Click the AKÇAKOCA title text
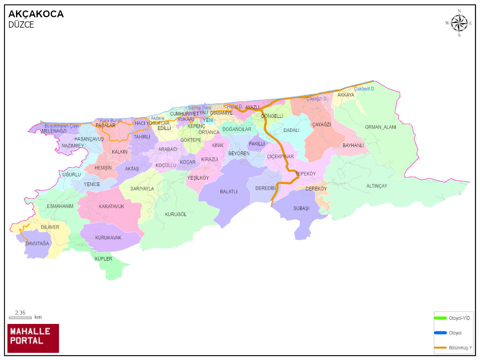click(36, 14)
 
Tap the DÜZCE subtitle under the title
click(21, 25)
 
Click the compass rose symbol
click(459, 23)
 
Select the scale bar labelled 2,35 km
click(20, 318)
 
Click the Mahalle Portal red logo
click(33, 338)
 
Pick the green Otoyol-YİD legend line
click(440, 318)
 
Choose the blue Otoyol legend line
click(440, 333)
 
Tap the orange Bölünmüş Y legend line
click(440, 347)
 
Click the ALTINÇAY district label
click(377, 186)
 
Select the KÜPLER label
click(103, 259)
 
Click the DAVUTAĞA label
click(37, 244)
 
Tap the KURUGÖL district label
click(176, 214)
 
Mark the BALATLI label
click(229, 192)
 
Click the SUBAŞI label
click(302, 208)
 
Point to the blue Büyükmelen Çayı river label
click(61, 126)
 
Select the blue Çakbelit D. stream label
click(365, 89)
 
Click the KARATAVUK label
click(111, 206)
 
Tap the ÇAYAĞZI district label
click(322, 125)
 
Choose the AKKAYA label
click(346, 95)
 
